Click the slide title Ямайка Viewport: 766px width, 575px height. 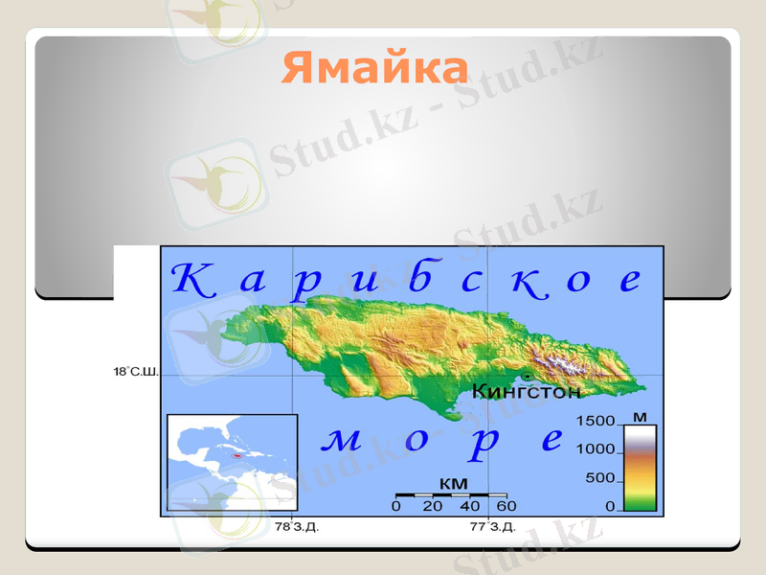tap(375, 68)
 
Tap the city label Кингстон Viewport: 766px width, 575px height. tap(527, 391)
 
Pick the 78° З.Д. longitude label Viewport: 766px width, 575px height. tap(297, 527)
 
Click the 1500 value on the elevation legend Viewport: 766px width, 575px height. tap(595, 422)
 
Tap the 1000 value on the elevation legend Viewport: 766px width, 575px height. tap(595, 449)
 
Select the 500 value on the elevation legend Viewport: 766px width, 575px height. tap(599, 477)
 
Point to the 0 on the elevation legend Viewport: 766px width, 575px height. tap(610, 505)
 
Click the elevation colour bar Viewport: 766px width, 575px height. tap(639, 467)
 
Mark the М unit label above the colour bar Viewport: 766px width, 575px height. tap(640, 416)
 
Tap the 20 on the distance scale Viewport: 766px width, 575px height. tap(433, 506)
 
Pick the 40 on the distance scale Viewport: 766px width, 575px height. tap(469, 506)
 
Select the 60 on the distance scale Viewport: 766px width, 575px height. tap(506, 506)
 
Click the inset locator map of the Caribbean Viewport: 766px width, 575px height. tap(233, 464)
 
